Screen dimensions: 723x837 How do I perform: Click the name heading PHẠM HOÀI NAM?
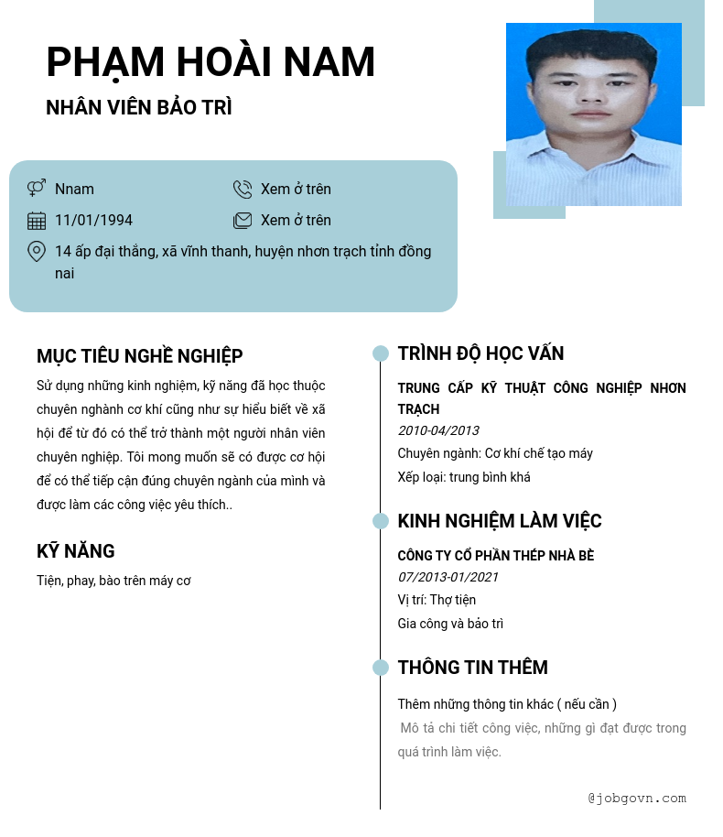pyautogui.click(x=210, y=62)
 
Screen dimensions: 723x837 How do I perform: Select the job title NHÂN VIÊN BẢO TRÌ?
pyautogui.click(x=139, y=107)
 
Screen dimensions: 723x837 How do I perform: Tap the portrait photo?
pyautogui.click(x=593, y=114)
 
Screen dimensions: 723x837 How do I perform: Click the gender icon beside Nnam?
pyautogui.click(x=37, y=189)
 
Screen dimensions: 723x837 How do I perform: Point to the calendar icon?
pyautogui.click(x=37, y=221)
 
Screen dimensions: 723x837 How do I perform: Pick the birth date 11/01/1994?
pyautogui.click(x=93, y=221)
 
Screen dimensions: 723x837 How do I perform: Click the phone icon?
pyautogui.click(x=243, y=190)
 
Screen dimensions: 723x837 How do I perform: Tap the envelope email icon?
pyautogui.click(x=243, y=221)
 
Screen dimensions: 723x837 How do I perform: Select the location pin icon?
pyautogui.click(x=37, y=252)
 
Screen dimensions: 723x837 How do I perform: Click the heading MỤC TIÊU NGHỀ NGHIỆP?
pyautogui.click(x=139, y=356)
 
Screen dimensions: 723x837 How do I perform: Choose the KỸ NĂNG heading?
pyautogui.click(x=76, y=551)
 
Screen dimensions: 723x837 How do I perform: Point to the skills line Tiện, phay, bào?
pyautogui.click(x=113, y=581)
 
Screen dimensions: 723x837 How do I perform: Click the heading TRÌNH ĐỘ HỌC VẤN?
pyautogui.click(x=480, y=353)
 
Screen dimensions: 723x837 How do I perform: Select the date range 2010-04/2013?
pyautogui.click(x=438, y=430)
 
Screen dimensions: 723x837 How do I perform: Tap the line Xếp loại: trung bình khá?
pyautogui.click(x=464, y=477)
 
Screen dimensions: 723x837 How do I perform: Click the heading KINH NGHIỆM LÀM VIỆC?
pyautogui.click(x=500, y=521)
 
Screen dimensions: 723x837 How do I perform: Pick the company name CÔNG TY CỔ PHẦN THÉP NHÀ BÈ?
pyautogui.click(x=496, y=556)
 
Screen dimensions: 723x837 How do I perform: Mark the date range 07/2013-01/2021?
pyautogui.click(x=448, y=577)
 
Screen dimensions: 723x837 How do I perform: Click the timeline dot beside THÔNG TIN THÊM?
pyautogui.click(x=381, y=668)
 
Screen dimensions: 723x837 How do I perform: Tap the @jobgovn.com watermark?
pyautogui.click(x=637, y=799)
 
